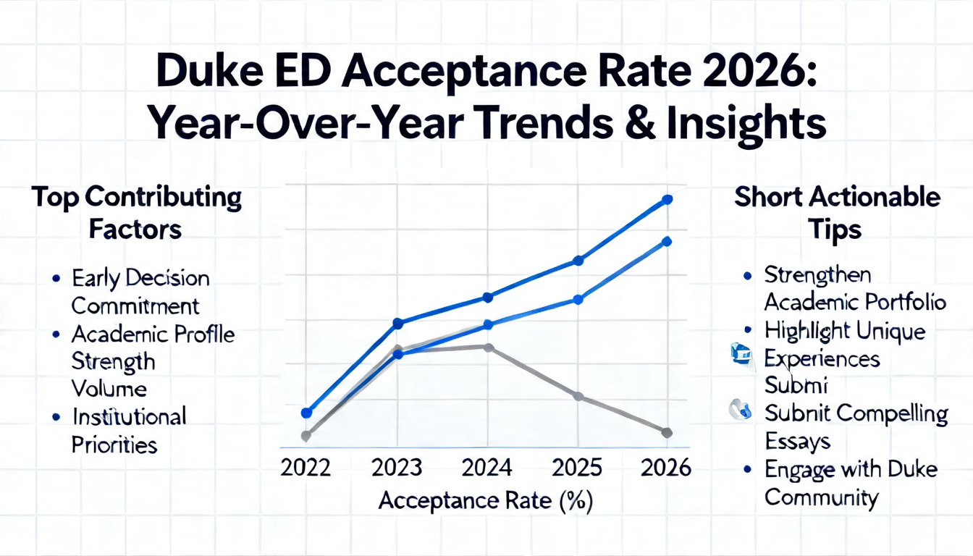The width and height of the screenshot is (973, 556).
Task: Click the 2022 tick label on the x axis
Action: [306, 468]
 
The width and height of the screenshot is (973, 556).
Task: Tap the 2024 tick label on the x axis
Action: [487, 468]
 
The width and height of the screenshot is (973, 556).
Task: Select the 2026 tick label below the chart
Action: [666, 468]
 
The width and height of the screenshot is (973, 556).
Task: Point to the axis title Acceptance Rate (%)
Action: [486, 501]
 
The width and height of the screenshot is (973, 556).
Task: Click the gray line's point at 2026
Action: [667, 432]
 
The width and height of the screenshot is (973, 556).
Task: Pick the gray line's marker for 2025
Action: [578, 396]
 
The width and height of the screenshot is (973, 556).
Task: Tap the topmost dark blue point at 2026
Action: [667, 199]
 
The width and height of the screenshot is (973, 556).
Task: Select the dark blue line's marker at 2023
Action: [397, 322]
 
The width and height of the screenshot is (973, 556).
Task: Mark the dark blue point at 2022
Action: [306, 413]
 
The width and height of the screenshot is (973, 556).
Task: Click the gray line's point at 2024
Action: [489, 347]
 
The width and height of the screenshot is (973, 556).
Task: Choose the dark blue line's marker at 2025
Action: [578, 261]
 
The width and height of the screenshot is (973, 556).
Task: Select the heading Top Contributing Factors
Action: [135, 213]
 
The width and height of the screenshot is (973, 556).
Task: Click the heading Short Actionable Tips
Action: [837, 213]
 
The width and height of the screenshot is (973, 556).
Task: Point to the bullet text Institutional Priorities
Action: [128, 430]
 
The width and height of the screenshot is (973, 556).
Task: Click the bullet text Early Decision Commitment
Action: [140, 292]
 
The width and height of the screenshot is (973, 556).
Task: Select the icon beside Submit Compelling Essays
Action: [739, 410]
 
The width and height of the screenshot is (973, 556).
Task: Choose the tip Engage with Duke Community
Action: [850, 483]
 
